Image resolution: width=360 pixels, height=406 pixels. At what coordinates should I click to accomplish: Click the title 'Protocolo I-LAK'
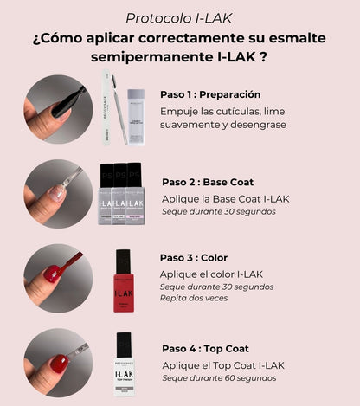click(179, 18)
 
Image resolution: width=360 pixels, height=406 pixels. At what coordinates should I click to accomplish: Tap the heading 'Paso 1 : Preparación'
click(210, 94)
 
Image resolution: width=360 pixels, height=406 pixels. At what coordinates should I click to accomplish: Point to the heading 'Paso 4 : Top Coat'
click(213, 348)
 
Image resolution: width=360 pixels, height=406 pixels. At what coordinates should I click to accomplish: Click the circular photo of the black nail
click(58, 109)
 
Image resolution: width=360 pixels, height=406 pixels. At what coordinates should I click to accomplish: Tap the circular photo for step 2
click(58, 193)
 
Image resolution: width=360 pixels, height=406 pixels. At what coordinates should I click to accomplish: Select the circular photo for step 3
click(58, 276)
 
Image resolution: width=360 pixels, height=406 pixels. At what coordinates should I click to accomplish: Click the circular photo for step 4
click(58, 363)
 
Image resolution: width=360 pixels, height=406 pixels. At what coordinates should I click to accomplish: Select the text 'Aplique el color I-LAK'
click(211, 274)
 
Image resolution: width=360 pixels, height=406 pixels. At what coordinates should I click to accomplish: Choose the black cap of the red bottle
click(123, 260)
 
